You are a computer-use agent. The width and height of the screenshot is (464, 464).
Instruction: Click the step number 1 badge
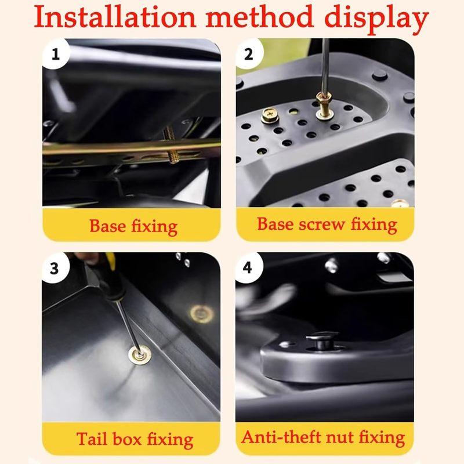click(56, 55)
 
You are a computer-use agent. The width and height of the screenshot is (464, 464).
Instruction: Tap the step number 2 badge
click(250, 55)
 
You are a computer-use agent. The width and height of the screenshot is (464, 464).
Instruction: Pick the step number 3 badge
click(55, 269)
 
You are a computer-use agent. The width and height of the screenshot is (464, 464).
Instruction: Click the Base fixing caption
click(133, 226)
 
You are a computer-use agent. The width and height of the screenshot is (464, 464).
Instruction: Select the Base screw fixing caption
click(327, 224)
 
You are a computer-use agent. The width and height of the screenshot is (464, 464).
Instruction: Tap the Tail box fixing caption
click(135, 439)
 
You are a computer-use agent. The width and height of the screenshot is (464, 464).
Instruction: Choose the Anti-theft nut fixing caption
click(323, 437)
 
